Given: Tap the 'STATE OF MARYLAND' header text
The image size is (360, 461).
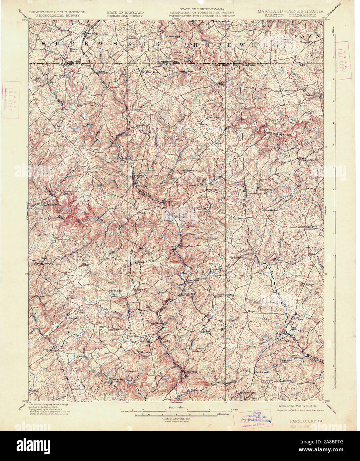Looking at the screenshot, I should (x=125, y=12).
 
